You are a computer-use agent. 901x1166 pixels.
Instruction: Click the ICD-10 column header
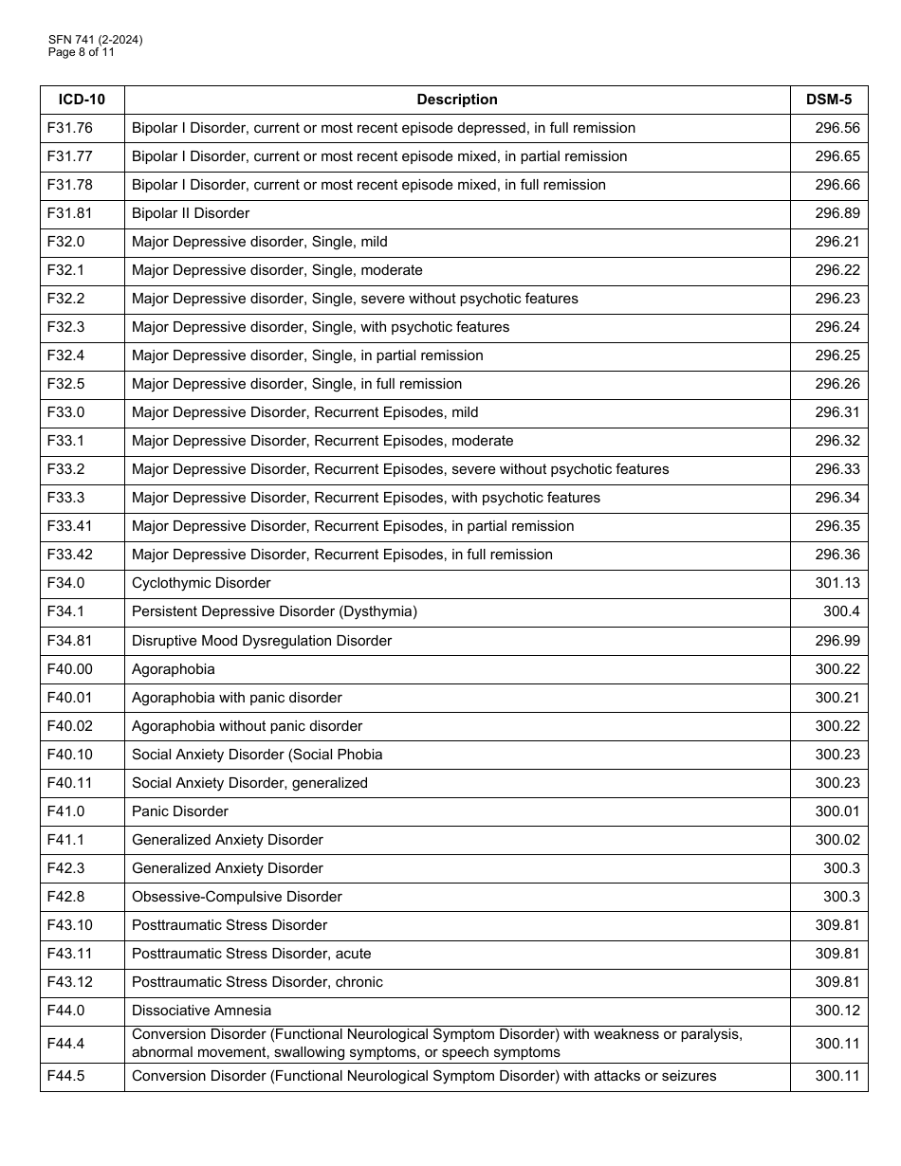(82, 100)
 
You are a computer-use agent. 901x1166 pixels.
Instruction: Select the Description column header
(456, 100)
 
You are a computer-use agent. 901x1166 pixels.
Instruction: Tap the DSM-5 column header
(828, 100)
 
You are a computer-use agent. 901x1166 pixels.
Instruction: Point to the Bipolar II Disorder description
(191, 213)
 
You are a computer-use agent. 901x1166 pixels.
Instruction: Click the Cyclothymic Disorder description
(201, 583)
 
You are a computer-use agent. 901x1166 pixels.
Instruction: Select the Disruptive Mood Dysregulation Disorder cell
(262, 641)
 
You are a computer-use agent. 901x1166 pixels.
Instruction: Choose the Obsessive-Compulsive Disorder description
(237, 897)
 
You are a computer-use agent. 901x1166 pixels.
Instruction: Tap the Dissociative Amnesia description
(201, 1011)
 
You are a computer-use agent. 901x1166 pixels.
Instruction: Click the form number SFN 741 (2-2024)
(96, 40)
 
